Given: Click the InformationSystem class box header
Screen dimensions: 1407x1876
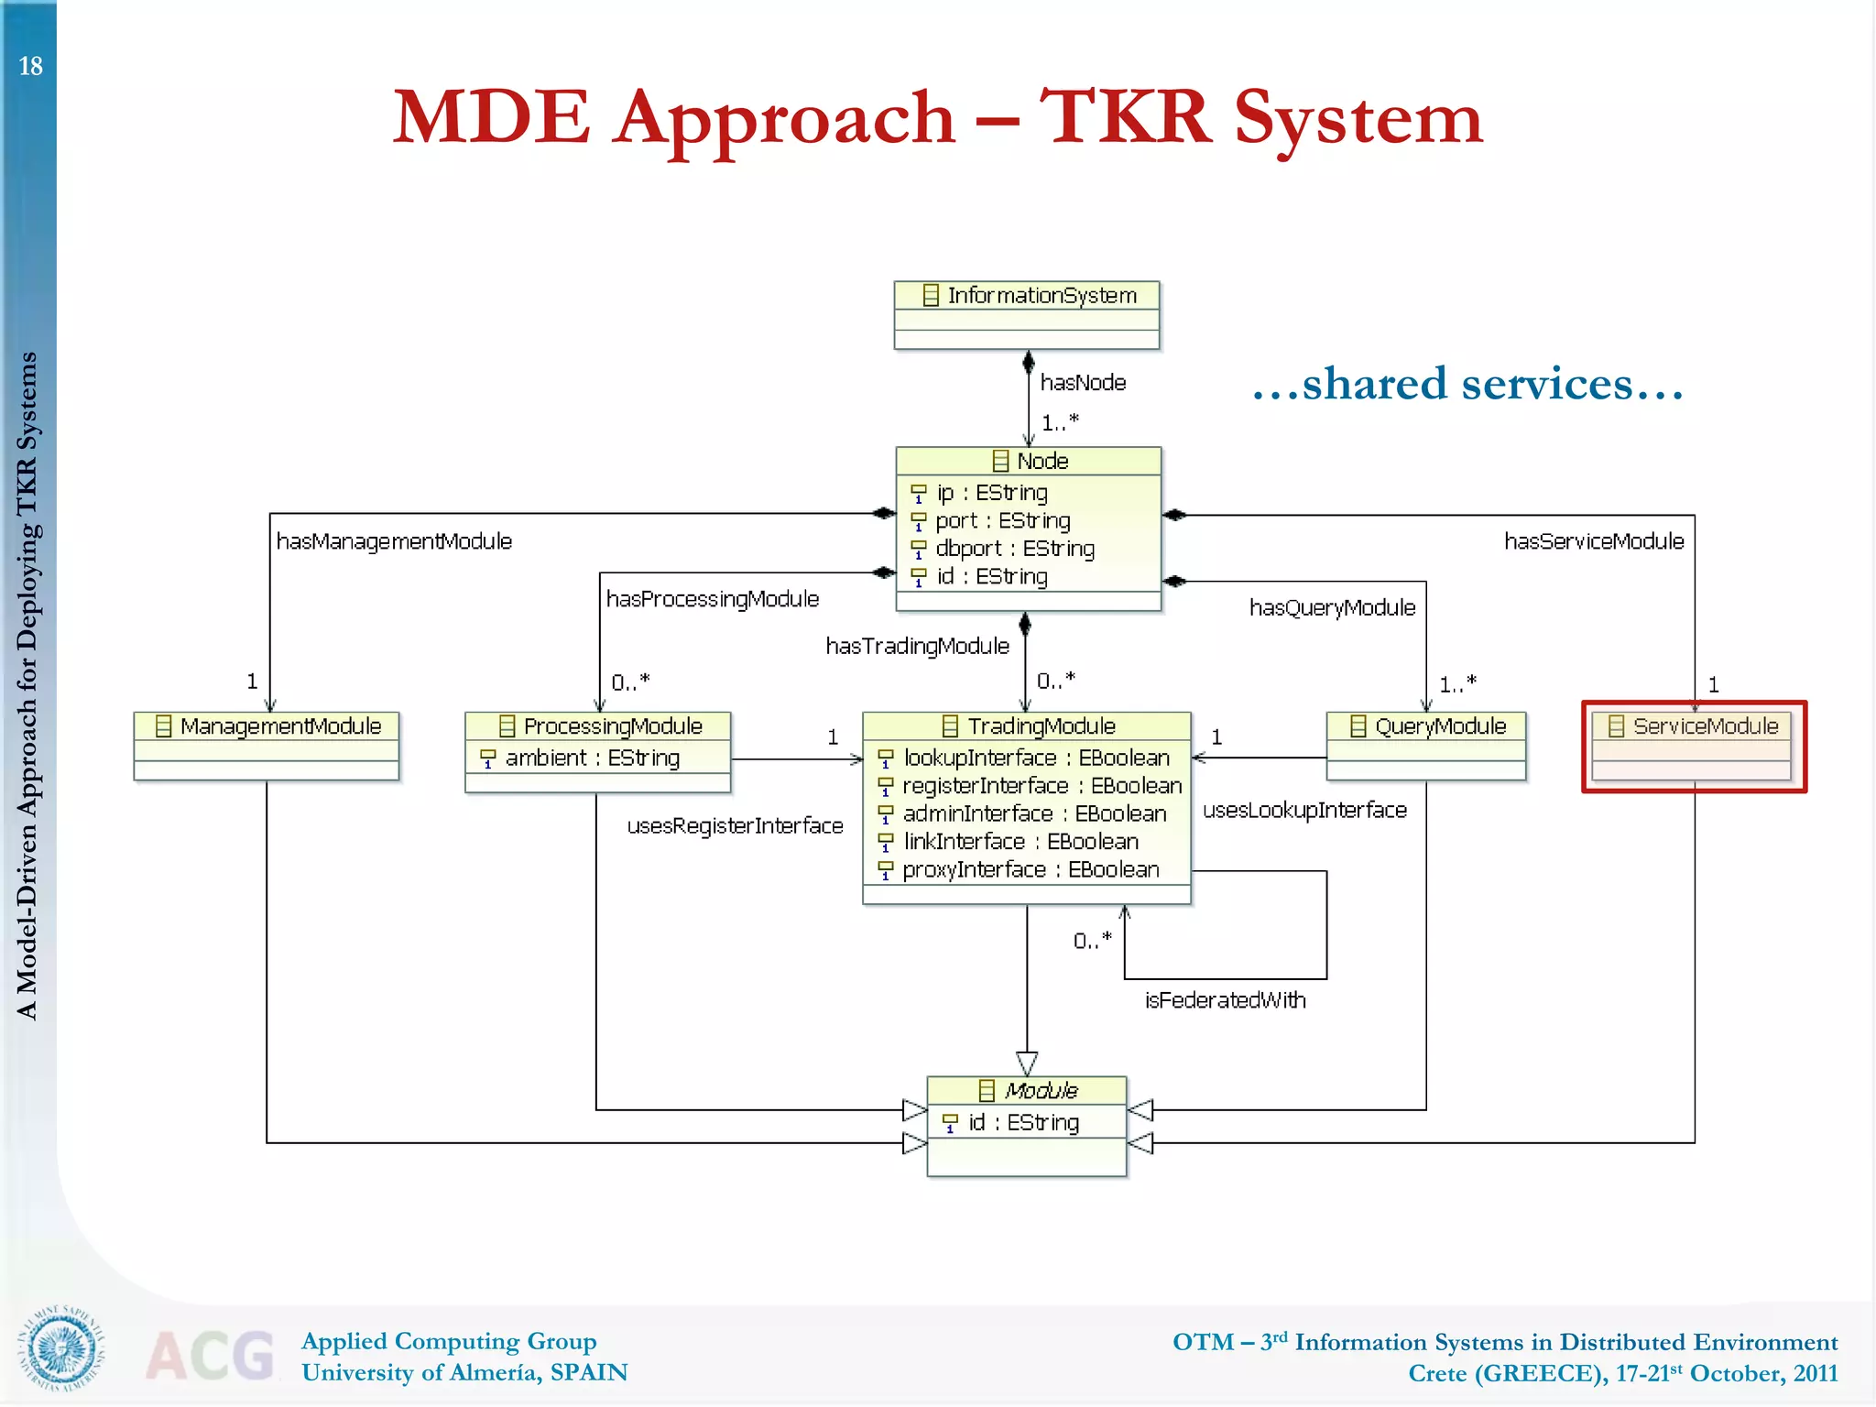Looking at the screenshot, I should tap(1027, 295).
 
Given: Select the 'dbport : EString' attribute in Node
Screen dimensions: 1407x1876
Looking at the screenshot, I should tap(1014, 549).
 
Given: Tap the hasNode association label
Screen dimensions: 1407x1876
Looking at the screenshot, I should tap(1083, 383).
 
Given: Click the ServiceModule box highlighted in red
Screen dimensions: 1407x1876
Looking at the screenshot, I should tap(1694, 747).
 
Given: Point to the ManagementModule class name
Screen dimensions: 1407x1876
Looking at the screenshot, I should tap(279, 726).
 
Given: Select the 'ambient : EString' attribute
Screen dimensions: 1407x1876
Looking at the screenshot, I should tap(592, 758).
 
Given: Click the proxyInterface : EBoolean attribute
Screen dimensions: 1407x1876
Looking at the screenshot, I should tap(1030, 869).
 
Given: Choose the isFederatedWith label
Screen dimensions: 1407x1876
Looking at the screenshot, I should tap(1225, 1000).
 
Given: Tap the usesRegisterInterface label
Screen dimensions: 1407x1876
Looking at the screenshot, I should tap(735, 826).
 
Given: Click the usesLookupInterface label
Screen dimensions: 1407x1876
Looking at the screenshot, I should tap(1304, 811).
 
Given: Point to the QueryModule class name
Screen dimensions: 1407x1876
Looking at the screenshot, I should tap(1440, 726).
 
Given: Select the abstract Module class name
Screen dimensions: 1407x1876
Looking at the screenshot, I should tap(1041, 1090).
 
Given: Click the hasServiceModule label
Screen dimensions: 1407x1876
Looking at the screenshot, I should tap(1594, 541).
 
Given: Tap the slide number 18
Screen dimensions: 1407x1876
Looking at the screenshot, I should tap(30, 66).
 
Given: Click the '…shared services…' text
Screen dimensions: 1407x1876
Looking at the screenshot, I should tap(1467, 384).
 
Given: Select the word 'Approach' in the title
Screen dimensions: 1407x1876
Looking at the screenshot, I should tap(785, 119).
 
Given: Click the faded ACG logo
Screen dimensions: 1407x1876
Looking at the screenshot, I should tap(210, 1356).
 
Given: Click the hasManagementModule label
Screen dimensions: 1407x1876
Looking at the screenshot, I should tap(394, 541).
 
